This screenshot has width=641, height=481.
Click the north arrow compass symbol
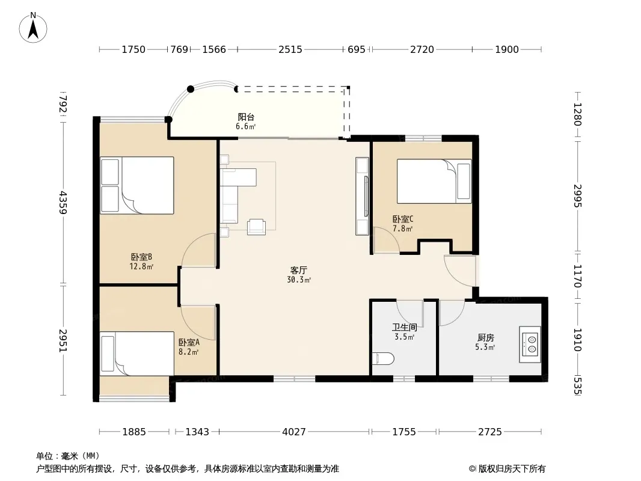[x=33, y=28]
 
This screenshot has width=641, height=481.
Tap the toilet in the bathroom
[x=383, y=359]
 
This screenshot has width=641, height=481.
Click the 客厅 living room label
[x=298, y=270]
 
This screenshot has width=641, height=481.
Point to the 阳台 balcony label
[x=246, y=117]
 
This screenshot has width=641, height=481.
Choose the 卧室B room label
[x=141, y=257]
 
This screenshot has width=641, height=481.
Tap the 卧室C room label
[x=403, y=219]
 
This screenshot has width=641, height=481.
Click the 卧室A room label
[x=189, y=342]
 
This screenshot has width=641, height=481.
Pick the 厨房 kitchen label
[x=486, y=337]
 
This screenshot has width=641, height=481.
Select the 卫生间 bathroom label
[x=404, y=327]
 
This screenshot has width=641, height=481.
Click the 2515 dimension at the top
[x=290, y=49]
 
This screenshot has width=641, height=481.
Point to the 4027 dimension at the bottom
[x=294, y=432]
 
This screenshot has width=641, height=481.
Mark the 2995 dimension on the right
[x=577, y=196]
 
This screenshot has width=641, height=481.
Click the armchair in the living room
[x=256, y=227]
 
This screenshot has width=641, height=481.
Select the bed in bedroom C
[x=434, y=181]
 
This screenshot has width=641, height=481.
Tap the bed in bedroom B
[x=137, y=185]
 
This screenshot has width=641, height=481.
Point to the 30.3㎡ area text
[x=299, y=280]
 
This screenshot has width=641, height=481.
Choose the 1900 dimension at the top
[x=507, y=49]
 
